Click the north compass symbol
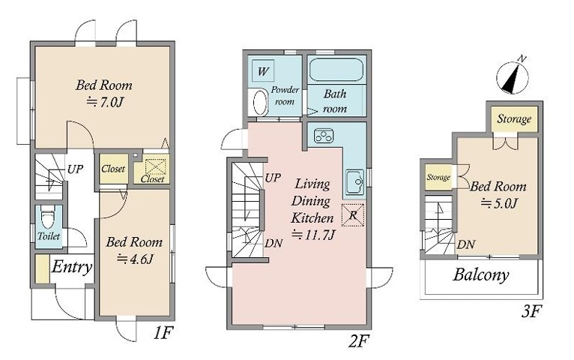pyautogui.click(x=513, y=76)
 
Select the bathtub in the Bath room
pyautogui.click(x=336, y=70)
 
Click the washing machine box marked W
pyautogui.click(x=263, y=70)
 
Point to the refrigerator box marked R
pyautogui.click(x=352, y=215)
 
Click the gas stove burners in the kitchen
pyautogui.click(x=324, y=136)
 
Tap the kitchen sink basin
pyautogui.click(x=354, y=181)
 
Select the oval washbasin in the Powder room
pyautogui.click(x=259, y=103)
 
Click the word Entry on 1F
pyautogui.click(x=71, y=267)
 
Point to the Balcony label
pyautogui.click(x=480, y=274)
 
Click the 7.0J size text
pyautogui.click(x=103, y=102)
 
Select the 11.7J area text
pyautogui.click(x=313, y=235)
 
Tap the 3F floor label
pyautogui.click(x=531, y=312)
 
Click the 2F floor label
pyautogui.click(x=357, y=342)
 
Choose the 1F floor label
pyautogui.click(x=163, y=333)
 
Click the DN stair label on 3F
pyautogui.click(x=466, y=244)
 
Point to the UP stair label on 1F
pyautogui.click(x=76, y=169)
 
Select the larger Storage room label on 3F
pyautogui.click(x=514, y=119)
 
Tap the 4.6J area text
pyautogui.click(x=134, y=259)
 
